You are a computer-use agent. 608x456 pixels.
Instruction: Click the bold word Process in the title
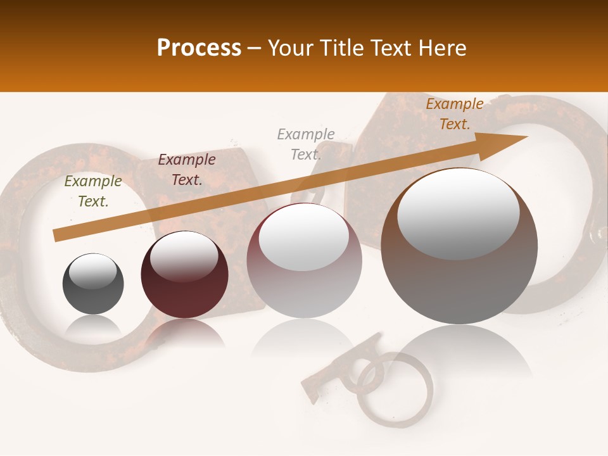(x=199, y=48)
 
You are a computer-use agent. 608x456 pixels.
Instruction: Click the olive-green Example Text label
(x=93, y=191)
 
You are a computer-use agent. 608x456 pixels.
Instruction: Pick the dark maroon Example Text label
(x=187, y=170)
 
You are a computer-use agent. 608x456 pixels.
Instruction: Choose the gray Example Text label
(x=306, y=144)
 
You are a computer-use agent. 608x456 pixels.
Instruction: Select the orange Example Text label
(x=455, y=114)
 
